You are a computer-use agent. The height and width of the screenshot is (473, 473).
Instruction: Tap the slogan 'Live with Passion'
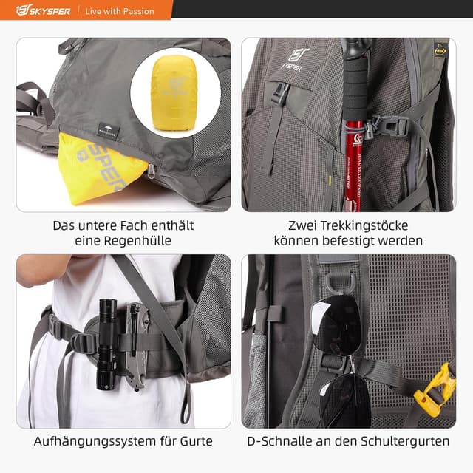120,11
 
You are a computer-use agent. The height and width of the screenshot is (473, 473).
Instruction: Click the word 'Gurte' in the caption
195,441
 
